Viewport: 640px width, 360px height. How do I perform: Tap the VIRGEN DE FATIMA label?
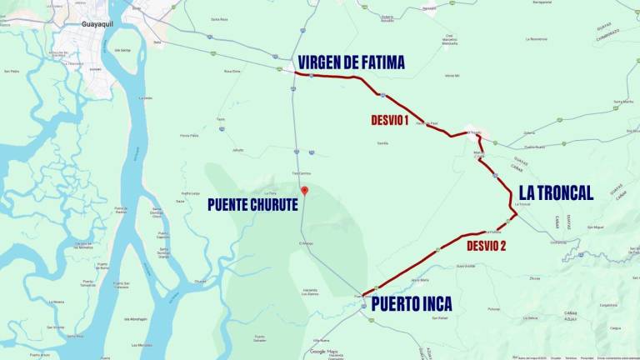pyautogui.click(x=351, y=62)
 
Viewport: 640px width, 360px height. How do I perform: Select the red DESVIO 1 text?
pyautogui.click(x=389, y=120)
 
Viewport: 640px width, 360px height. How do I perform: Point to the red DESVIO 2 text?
pyautogui.click(x=486, y=246)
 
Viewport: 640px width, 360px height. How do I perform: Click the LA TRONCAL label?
pyautogui.click(x=556, y=192)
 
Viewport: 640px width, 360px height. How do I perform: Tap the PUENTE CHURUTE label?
pyautogui.click(x=252, y=204)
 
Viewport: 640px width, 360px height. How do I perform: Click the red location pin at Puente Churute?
pyautogui.click(x=304, y=191)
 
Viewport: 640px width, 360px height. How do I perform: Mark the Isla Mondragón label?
pyautogui.click(x=138, y=317)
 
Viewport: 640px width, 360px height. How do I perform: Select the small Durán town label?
pyautogui.click(x=157, y=42)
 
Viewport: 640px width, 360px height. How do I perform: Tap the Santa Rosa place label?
pyautogui.click(x=219, y=18)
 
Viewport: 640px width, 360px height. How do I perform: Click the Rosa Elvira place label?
pyautogui.click(x=232, y=71)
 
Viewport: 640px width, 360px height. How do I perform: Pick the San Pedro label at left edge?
pyautogui.click(x=12, y=70)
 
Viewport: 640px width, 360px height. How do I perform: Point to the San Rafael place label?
pyautogui.click(x=441, y=317)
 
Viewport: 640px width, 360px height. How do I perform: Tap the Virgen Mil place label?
pyautogui.click(x=452, y=75)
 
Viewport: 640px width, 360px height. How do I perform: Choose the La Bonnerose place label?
pyautogui.click(x=537, y=39)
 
